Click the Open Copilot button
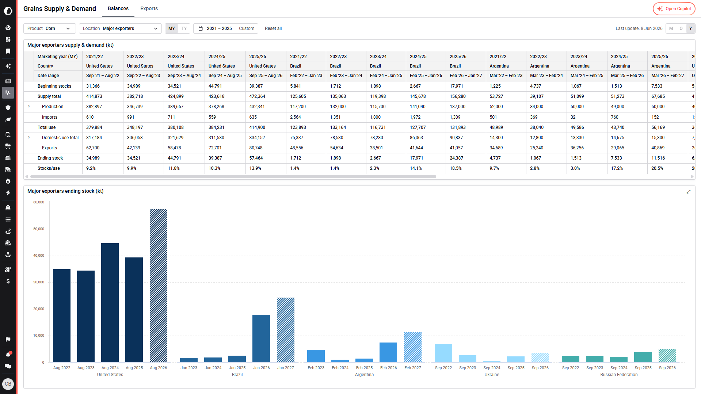point(674,9)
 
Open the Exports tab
point(149,8)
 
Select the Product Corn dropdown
point(49,28)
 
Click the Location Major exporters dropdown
point(120,28)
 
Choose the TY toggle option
point(184,28)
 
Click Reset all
point(273,28)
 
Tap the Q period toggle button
point(681,28)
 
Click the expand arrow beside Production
point(29,106)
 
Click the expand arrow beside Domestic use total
point(29,137)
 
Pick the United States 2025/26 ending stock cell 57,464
point(256,158)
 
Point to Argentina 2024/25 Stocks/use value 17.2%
point(617,168)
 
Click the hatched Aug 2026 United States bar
point(159,286)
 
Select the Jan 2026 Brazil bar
point(261,338)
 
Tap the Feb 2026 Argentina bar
point(388,352)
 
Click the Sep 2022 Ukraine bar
point(443,353)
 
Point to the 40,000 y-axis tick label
point(39,256)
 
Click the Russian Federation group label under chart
point(619,375)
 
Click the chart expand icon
point(689,192)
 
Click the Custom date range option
point(247,28)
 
